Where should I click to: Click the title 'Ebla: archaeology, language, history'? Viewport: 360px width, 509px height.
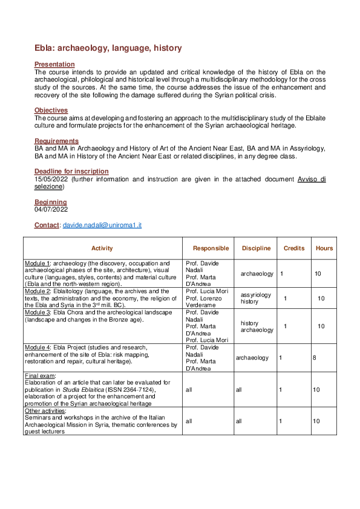point(108,48)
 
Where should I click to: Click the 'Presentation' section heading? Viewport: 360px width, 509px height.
point(54,64)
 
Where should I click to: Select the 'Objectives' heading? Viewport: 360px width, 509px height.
point(51,110)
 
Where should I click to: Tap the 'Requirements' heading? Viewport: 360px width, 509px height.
point(56,141)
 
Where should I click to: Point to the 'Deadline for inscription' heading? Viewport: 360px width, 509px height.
point(71,172)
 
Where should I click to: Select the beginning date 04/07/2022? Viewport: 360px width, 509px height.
point(51,210)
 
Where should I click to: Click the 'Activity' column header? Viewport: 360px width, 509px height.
point(102,248)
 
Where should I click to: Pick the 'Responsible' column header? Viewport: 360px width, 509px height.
point(211,248)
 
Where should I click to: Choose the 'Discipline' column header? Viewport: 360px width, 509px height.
point(256,248)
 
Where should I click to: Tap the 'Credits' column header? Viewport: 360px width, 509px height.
point(294,248)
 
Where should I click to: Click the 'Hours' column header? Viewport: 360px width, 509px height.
point(324,248)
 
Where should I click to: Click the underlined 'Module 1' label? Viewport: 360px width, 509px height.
point(38,264)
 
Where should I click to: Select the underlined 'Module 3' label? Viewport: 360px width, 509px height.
point(38,312)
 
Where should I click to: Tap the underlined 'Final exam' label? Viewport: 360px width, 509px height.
point(39,375)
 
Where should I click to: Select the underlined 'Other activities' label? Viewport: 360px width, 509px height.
point(45,410)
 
